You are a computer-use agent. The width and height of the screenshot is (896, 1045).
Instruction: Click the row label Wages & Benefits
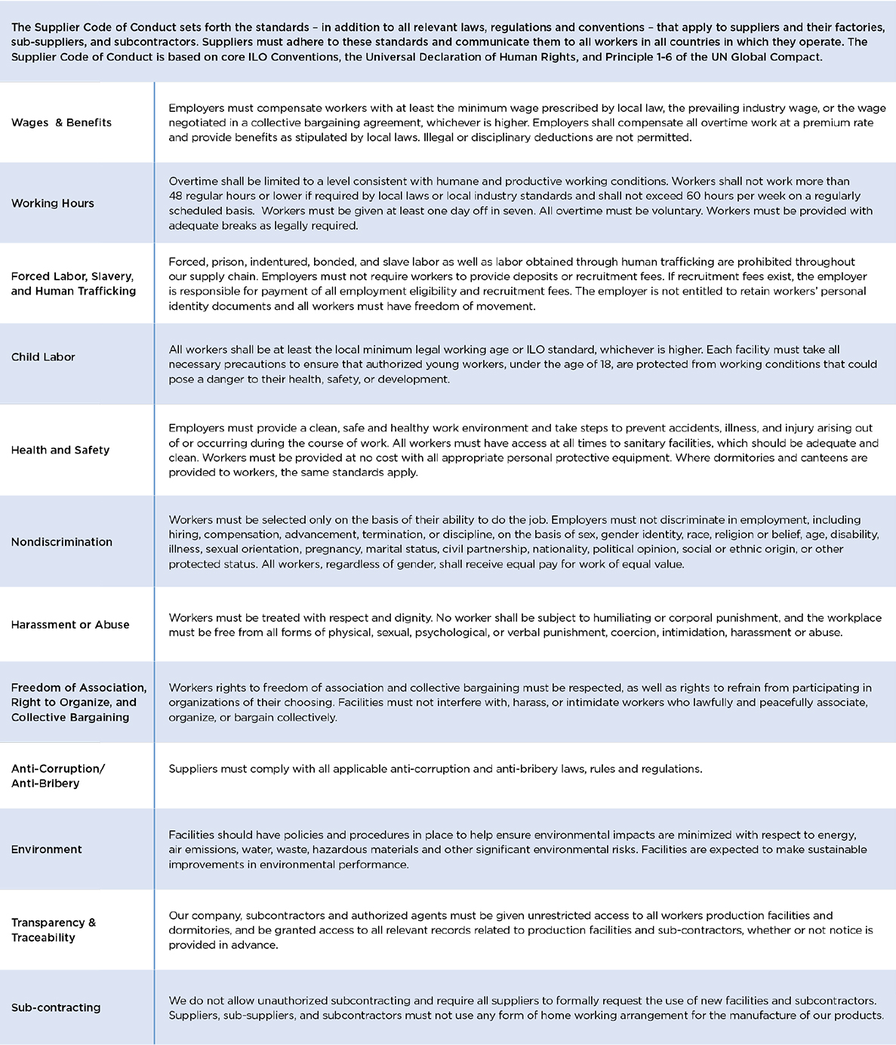coord(61,122)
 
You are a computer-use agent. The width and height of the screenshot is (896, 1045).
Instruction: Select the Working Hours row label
coord(53,203)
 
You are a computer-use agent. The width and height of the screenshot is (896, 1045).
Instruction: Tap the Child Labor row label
coord(43,357)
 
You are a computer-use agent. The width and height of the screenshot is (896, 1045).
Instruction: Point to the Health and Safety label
coord(60,450)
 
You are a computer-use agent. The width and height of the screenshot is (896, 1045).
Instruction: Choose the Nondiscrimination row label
coord(62,542)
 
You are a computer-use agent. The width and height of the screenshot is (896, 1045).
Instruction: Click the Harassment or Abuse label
coord(70,625)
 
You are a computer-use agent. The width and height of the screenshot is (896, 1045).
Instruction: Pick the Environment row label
coord(47,849)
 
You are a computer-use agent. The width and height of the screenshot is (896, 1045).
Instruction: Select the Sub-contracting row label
coord(56,1007)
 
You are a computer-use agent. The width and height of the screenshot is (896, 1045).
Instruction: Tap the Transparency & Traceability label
coord(54,930)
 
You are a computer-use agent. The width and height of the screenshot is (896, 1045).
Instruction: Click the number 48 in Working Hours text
coord(177,196)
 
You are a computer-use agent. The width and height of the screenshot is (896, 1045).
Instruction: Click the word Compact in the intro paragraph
coord(794,57)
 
